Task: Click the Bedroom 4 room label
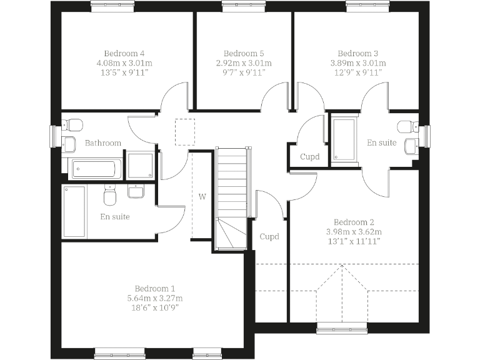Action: [120, 53]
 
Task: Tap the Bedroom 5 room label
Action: [243, 53]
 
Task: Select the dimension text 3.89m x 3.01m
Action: [361, 63]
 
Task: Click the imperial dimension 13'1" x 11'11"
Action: [354, 241]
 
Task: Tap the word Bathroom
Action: [103, 143]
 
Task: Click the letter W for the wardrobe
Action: [202, 196]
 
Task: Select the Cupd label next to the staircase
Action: [269, 237]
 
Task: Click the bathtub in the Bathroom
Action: [93, 167]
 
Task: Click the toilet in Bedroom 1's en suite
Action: [111, 196]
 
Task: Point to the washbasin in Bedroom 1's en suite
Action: [137, 191]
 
